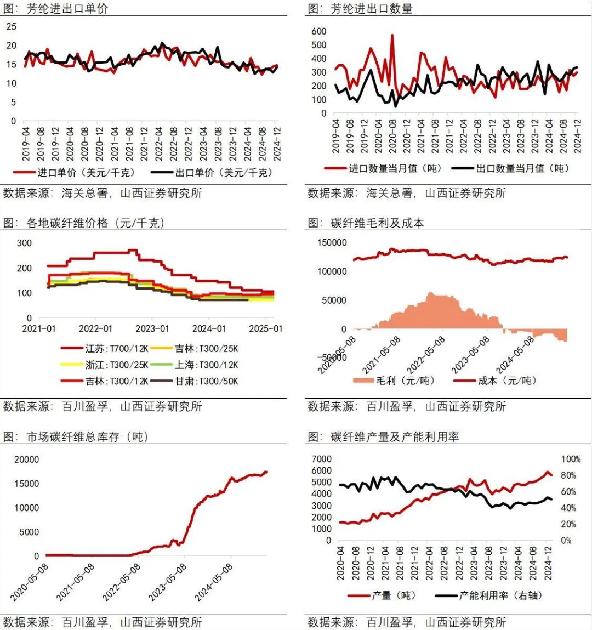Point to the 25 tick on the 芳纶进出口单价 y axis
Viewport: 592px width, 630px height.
[x=12, y=26]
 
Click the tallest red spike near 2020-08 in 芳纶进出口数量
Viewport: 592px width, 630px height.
[x=392, y=36]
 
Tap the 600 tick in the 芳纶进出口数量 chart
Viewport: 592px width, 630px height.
[x=319, y=31]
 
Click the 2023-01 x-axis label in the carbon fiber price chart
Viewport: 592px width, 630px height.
[x=152, y=328]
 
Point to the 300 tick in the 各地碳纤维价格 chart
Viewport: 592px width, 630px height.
[x=24, y=243]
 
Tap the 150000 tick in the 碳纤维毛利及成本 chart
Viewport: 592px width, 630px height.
[x=332, y=243]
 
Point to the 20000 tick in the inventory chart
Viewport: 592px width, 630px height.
[x=27, y=459]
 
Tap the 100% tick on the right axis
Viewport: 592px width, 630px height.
[x=571, y=459]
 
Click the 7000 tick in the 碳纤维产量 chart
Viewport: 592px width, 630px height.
[x=322, y=459]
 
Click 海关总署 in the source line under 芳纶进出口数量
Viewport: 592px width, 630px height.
[x=389, y=193]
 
